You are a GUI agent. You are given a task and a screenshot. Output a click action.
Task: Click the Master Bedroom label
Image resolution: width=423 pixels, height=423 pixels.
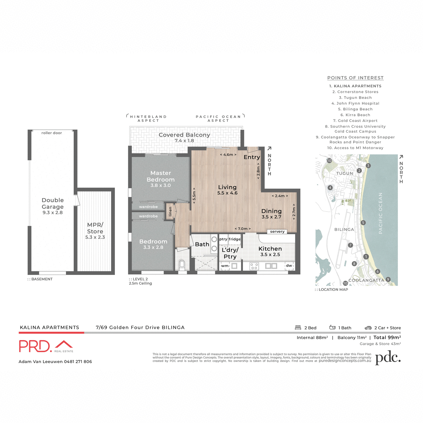(160, 176)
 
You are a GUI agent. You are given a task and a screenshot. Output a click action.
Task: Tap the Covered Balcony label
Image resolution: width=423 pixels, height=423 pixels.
(184, 135)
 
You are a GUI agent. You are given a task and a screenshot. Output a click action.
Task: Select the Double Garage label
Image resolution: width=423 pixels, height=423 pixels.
(53, 203)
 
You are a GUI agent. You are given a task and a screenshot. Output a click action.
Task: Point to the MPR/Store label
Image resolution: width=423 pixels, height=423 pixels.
(95, 228)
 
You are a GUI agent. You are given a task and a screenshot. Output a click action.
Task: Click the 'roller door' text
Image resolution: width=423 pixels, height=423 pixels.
(51, 133)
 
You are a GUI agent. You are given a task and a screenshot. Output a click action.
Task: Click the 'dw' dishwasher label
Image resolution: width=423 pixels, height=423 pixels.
(289, 265)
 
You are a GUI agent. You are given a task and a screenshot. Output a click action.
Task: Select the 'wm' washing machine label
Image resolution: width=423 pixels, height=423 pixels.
(225, 266)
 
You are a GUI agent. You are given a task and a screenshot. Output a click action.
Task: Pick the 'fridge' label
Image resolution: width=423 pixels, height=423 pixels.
(234, 239)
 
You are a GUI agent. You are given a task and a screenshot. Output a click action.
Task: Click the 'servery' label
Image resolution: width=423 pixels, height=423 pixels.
(277, 232)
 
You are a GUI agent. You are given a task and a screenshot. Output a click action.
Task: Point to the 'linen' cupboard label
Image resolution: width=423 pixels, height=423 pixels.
(170, 211)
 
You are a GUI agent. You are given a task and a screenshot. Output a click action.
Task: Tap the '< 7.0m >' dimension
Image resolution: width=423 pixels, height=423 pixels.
(243, 229)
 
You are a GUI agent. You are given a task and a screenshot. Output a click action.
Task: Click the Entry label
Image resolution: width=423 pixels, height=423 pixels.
(252, 157)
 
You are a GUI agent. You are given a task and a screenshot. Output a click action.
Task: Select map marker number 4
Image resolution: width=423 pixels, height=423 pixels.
(330, 188)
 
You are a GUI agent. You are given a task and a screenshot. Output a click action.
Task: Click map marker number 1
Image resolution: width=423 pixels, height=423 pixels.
(366, 257)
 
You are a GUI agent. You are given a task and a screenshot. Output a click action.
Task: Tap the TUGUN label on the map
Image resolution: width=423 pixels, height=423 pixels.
(344, 173)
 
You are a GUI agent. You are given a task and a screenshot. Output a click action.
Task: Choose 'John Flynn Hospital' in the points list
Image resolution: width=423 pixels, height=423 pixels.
(355, 103)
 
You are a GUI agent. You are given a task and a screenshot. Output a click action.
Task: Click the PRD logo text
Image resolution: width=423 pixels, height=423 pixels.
(35, 346)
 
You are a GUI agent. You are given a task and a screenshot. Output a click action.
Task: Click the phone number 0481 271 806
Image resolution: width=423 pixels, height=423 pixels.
(78, 361)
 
